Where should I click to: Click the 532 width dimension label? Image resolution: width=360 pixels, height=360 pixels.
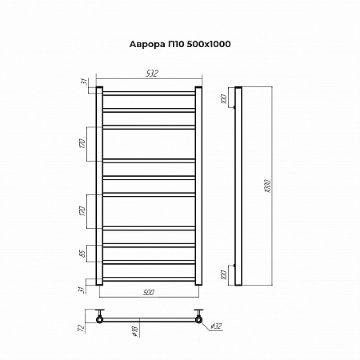click(x=151, y=74)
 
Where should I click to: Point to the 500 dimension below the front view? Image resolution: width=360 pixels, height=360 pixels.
click(x=149, y=292)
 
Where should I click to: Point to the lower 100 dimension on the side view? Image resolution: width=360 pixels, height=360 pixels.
click(x=223, y=274)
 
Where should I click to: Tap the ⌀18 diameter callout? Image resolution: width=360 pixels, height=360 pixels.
click(x=135, y=331)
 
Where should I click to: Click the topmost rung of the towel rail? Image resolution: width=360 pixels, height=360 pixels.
click(x=149, y=93)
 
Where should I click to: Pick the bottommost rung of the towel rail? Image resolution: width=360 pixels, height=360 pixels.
click(x=149, y=278)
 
